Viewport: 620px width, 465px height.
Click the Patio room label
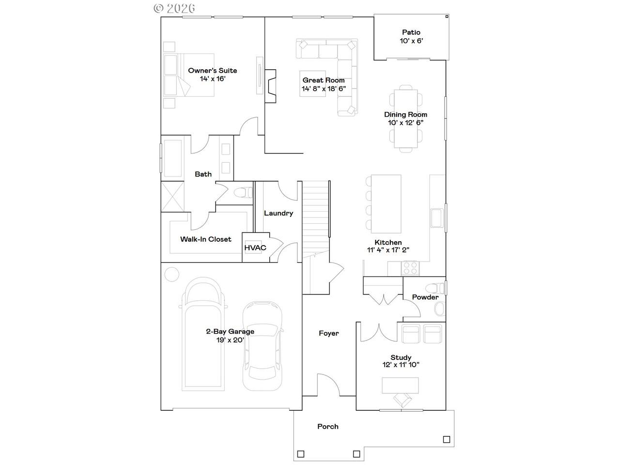point(411,32)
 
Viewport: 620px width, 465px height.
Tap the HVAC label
point(255,248)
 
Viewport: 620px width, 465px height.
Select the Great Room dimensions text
point(324,89)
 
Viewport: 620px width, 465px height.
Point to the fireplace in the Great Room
point(270,86)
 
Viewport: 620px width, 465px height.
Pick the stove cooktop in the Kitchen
point(410,268)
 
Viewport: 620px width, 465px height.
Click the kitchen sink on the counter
point(437,218)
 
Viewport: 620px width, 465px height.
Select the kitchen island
point(386,204)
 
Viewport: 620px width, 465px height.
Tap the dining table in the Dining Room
point(405,119)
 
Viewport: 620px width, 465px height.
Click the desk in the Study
point(400,386)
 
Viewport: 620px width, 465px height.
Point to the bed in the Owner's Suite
point(189,75)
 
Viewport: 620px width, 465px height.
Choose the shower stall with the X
point(172,197)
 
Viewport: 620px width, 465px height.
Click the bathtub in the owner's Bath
point(172,158)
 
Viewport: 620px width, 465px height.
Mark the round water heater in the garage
point(172,274)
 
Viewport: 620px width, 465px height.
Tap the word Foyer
point(328,333)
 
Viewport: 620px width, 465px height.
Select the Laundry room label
point(279,213)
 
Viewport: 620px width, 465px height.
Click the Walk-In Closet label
point(206,239)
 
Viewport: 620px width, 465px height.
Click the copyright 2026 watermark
point(174,8)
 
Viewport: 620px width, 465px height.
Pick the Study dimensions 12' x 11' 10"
point(401,364)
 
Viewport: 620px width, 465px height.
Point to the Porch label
point(327,426)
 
